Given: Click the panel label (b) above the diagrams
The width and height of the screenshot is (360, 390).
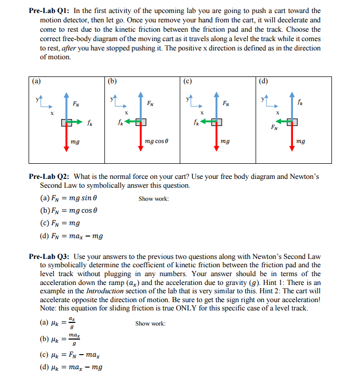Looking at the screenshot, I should (x=112, y=81).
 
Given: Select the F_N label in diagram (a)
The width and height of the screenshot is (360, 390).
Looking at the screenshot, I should (x=76, y=103).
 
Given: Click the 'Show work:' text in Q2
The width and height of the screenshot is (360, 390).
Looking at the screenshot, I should (x=153, y=199).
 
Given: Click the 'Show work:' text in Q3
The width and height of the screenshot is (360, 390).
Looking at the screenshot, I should (x=150, y=323).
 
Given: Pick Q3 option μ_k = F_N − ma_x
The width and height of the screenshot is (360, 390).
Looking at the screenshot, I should (x=70, y=355).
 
